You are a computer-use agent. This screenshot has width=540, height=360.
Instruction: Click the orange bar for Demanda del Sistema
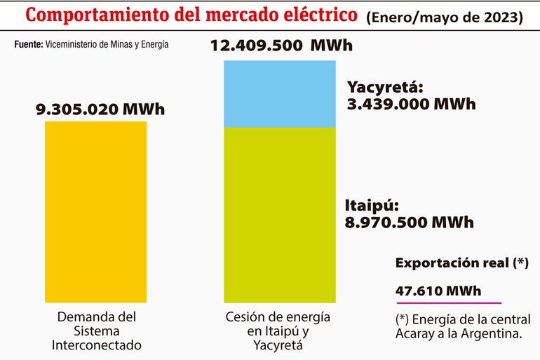[x=96, y=211]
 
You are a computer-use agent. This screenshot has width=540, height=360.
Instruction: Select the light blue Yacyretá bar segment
[x=279, y=94]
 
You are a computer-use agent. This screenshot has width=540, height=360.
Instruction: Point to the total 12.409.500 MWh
[x=281, y=46]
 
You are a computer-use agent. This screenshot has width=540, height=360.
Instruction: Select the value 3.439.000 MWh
[x=412, y=104]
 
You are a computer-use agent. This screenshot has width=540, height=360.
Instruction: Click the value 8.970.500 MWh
[x=409, y=222]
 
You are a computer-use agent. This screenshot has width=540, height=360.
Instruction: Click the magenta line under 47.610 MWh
[x=438, y=302]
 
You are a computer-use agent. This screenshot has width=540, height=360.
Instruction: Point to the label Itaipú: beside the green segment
[x=372, y=206]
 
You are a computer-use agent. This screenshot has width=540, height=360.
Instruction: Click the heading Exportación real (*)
[x=461, y=264]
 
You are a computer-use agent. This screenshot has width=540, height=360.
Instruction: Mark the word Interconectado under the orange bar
[x=96, y=345]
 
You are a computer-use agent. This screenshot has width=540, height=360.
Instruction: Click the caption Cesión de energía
[x=278, y=316]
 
